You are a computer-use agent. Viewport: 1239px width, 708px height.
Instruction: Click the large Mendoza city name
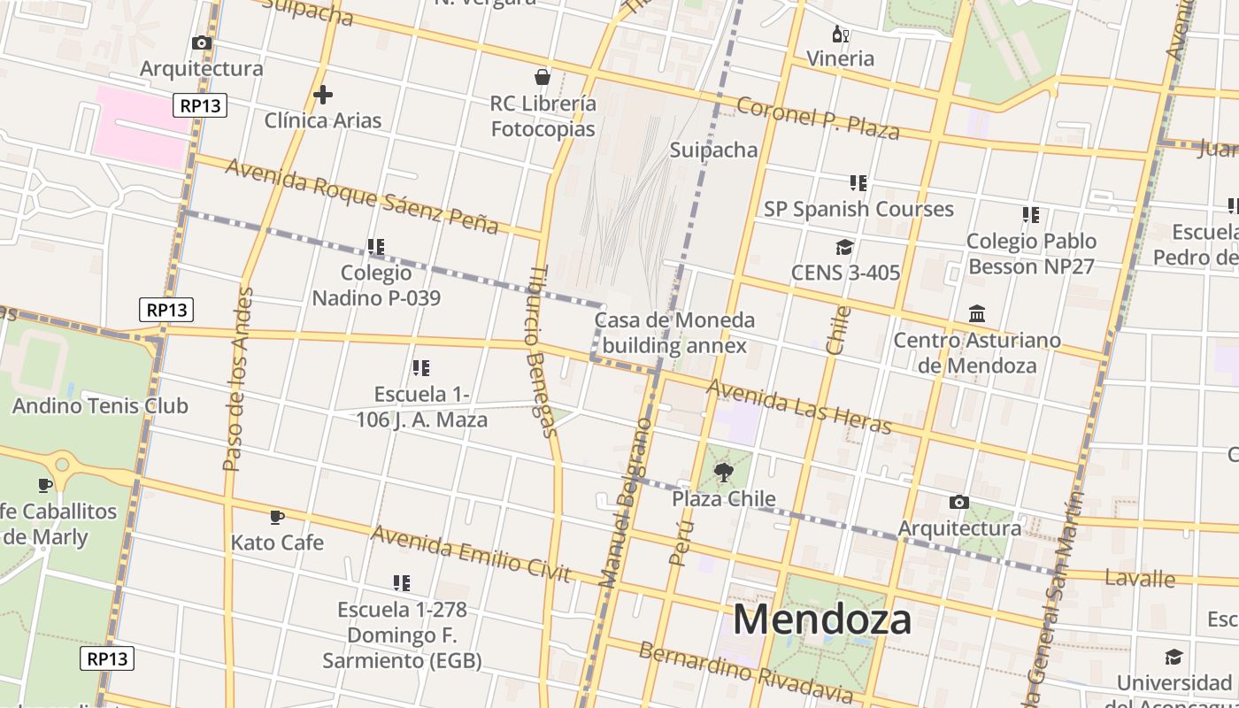pyautogui.click(x=821, y=619)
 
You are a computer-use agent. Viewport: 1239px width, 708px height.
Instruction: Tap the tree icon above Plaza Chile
pyautogui.click(x=723, y=473)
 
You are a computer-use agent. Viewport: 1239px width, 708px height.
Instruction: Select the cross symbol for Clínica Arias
pyautogui.click(x=323, y=94)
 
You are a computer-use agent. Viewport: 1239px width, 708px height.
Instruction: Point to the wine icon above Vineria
pyautogui.click(x=840, y=35)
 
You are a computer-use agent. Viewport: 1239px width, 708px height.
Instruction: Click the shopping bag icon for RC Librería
pyautogui.click(x=543, y=77)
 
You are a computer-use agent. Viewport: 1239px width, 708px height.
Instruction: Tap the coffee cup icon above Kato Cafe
pyautogui.click(x=277, y=517)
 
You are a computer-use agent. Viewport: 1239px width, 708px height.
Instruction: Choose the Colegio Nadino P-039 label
pyautogui.click(x=376, y=285)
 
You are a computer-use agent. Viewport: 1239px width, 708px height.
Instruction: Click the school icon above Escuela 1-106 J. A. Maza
pyautogui.click(x=421, y=368)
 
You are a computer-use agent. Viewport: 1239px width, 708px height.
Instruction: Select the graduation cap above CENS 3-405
pyautogui.click(x=844, y=247)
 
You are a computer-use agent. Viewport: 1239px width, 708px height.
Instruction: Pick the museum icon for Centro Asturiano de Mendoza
pyautogui.click(x=977, y=314)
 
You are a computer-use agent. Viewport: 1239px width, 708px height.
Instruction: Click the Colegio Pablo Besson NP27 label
pyautogui.click(x=1031, y=253)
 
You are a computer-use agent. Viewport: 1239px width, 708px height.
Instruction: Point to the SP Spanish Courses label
pyautogui.click(x=858, y=209)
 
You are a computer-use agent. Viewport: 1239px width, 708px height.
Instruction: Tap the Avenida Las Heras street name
pyautogui.click(x=798, y=408)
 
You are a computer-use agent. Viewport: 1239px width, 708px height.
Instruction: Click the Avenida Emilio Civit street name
pyautogui.click(x=471, y=553)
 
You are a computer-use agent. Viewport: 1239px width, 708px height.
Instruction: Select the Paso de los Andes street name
pyautogui.click(x=238, y=379)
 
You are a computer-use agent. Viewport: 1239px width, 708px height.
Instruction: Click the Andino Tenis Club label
pyautogui.click(x=100, y=406)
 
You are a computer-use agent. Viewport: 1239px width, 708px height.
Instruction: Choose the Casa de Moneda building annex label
pyautogui.click(x=674, y=333)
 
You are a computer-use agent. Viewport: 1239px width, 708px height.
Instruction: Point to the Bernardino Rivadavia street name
pyautogui.click(x=745, y=673)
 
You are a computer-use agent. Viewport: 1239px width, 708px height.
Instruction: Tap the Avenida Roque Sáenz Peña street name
pyautogui.click(x=361, y=196)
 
